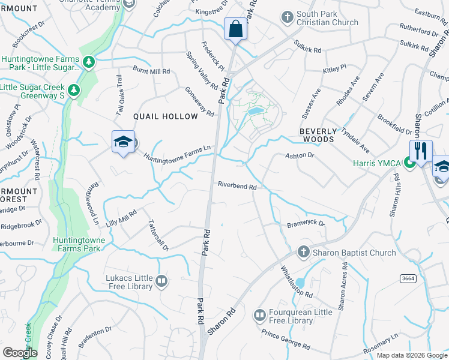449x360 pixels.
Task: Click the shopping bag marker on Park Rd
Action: pos(235,28)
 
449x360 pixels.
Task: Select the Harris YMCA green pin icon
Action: pos(409,161)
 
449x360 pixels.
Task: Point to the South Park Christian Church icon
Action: pos(288,16)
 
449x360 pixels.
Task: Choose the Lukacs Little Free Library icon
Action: pos(160,280)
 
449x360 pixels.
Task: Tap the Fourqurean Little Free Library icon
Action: pos(260,314)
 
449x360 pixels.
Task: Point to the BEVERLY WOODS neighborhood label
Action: pos(317,134)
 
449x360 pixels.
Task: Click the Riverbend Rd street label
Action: pos(237,186)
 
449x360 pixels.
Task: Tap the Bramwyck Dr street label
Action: pos(306,223)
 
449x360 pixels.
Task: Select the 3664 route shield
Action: pos(407,278)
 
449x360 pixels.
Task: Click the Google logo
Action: pos(20,353)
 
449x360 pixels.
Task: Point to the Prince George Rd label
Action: pos(285,339)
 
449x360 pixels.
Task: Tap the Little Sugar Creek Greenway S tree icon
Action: pos(74,90)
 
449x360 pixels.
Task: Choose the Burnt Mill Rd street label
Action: pos(151,71)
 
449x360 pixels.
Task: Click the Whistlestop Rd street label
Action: pos(297,283)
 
